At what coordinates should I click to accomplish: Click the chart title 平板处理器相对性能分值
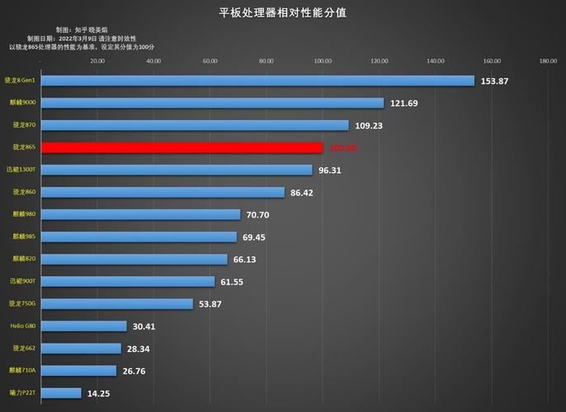coord(282,12)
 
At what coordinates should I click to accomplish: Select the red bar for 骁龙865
coord(182,147)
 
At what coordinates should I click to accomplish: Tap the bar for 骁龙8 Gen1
coord(257,81)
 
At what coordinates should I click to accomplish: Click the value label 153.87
coord(495,81)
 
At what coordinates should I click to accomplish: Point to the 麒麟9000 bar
coord(212,103)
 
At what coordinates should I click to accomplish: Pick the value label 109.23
coord(369,125)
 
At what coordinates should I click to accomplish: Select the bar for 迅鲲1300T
coord(177,170)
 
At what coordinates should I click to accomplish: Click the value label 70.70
coord(263,214)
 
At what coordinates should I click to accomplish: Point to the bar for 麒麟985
coord(139,236)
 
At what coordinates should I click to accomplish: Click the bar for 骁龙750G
coord(117,303)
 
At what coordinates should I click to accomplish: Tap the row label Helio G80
coord(22,325)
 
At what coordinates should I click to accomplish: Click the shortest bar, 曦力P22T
coord(61,393)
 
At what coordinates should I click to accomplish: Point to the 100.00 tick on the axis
coord(323,60)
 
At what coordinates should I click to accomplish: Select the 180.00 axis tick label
coord(548,60)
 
